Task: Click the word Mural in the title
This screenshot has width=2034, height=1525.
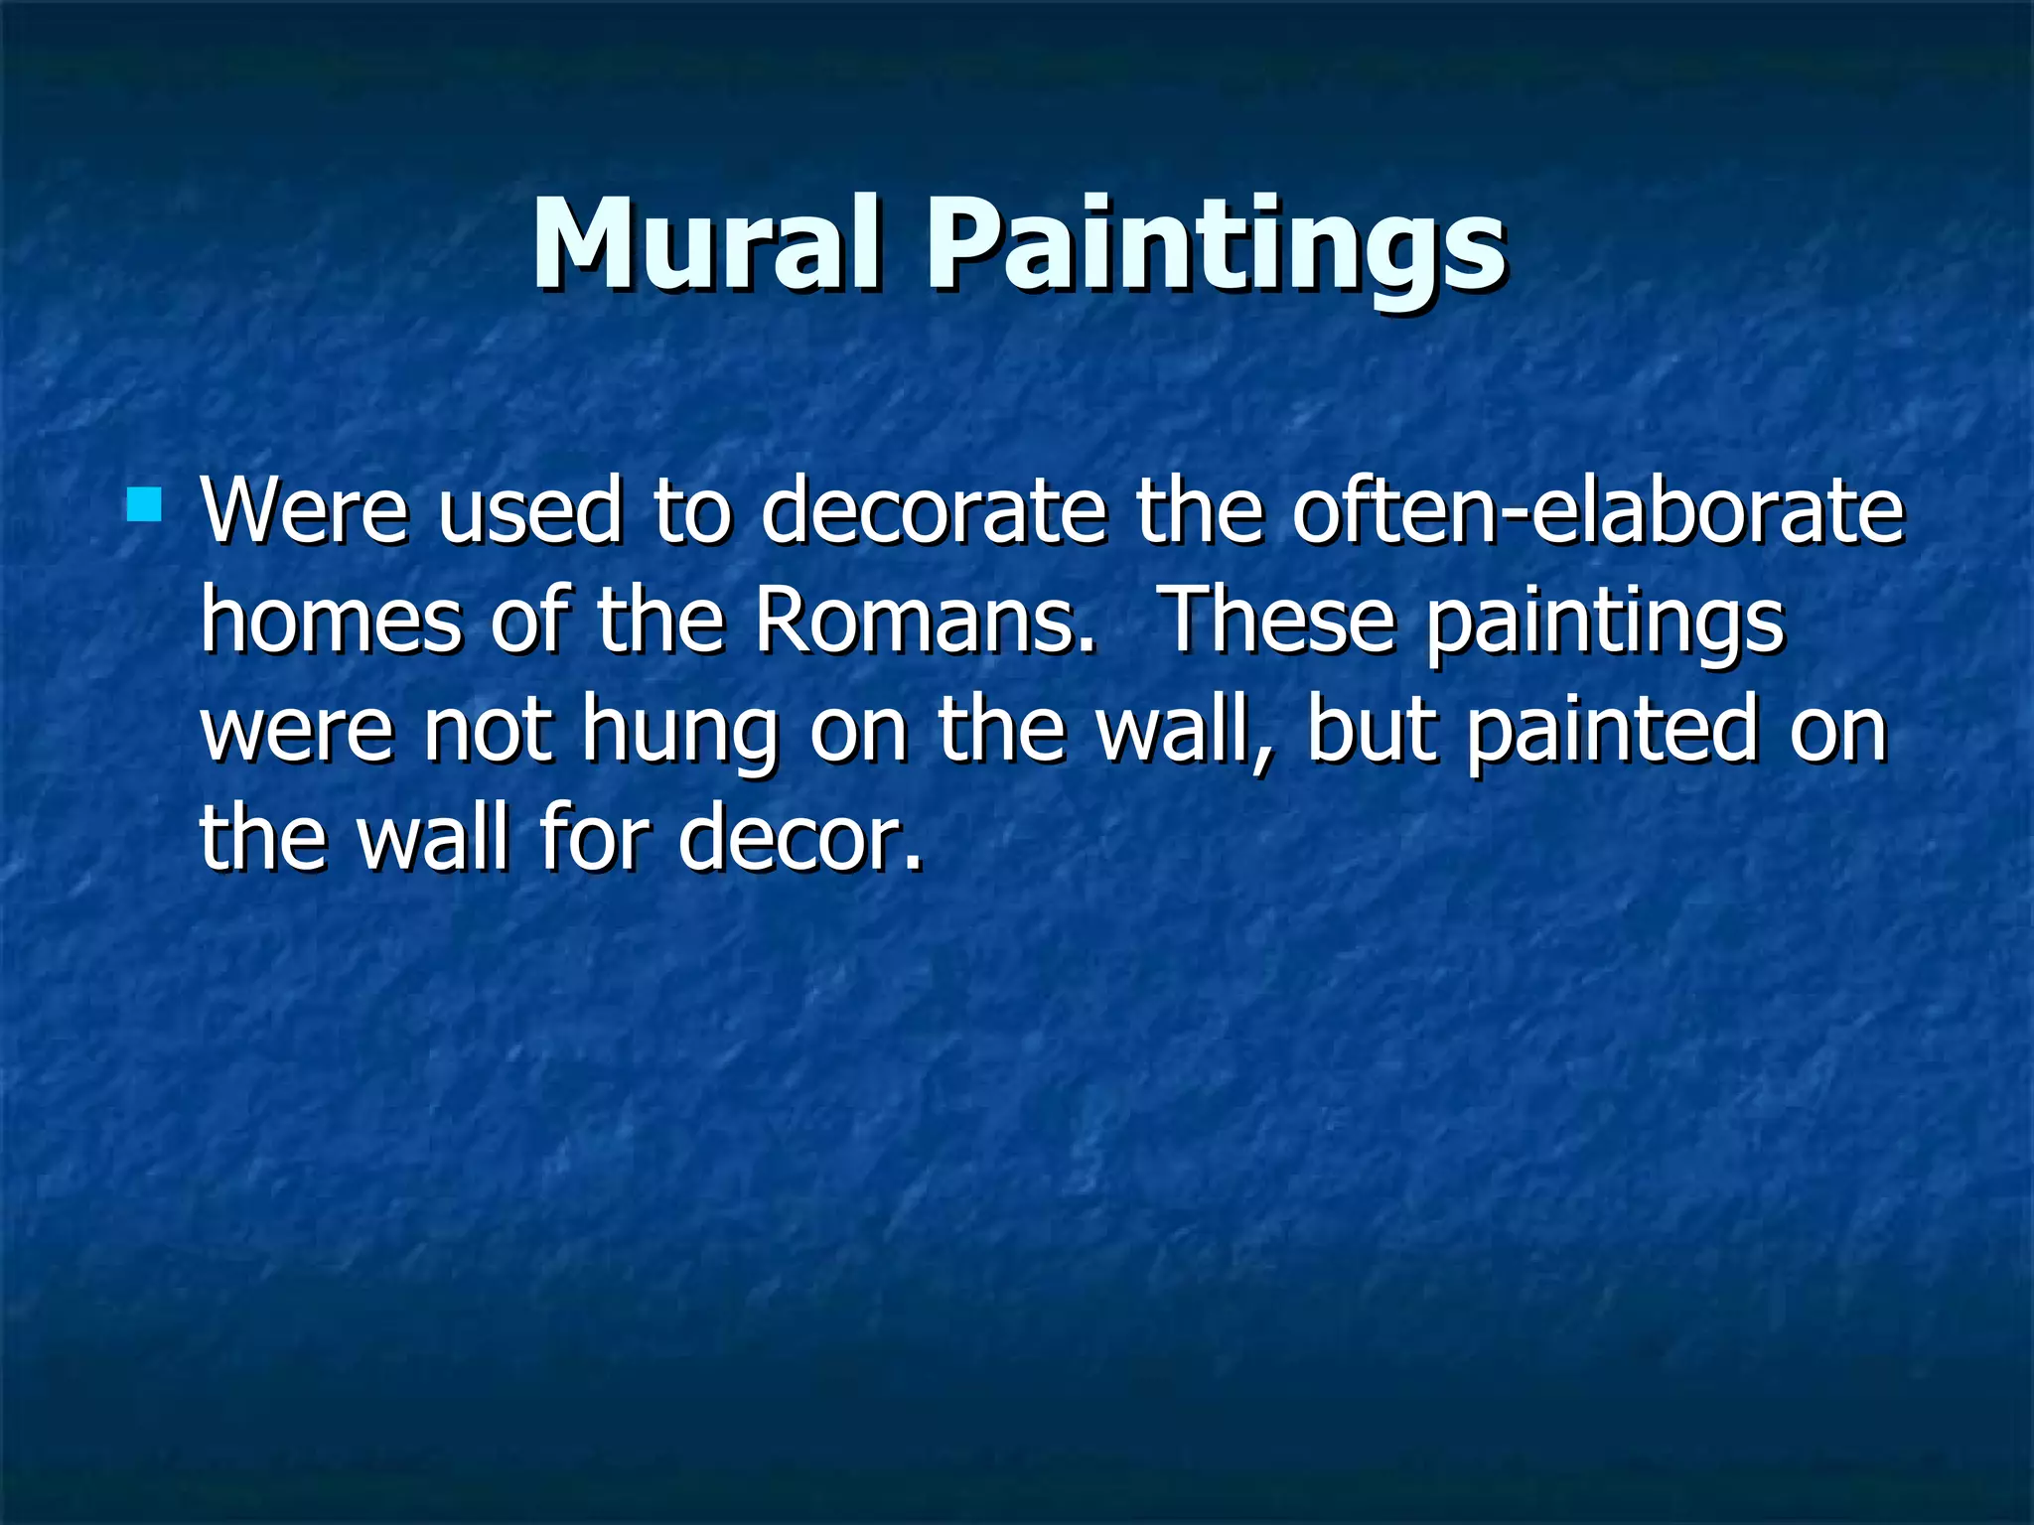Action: (x=706, y=245)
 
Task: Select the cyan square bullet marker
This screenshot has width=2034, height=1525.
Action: (x=144, y=504)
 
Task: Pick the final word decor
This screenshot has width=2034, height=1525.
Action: (x=799, y=839)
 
